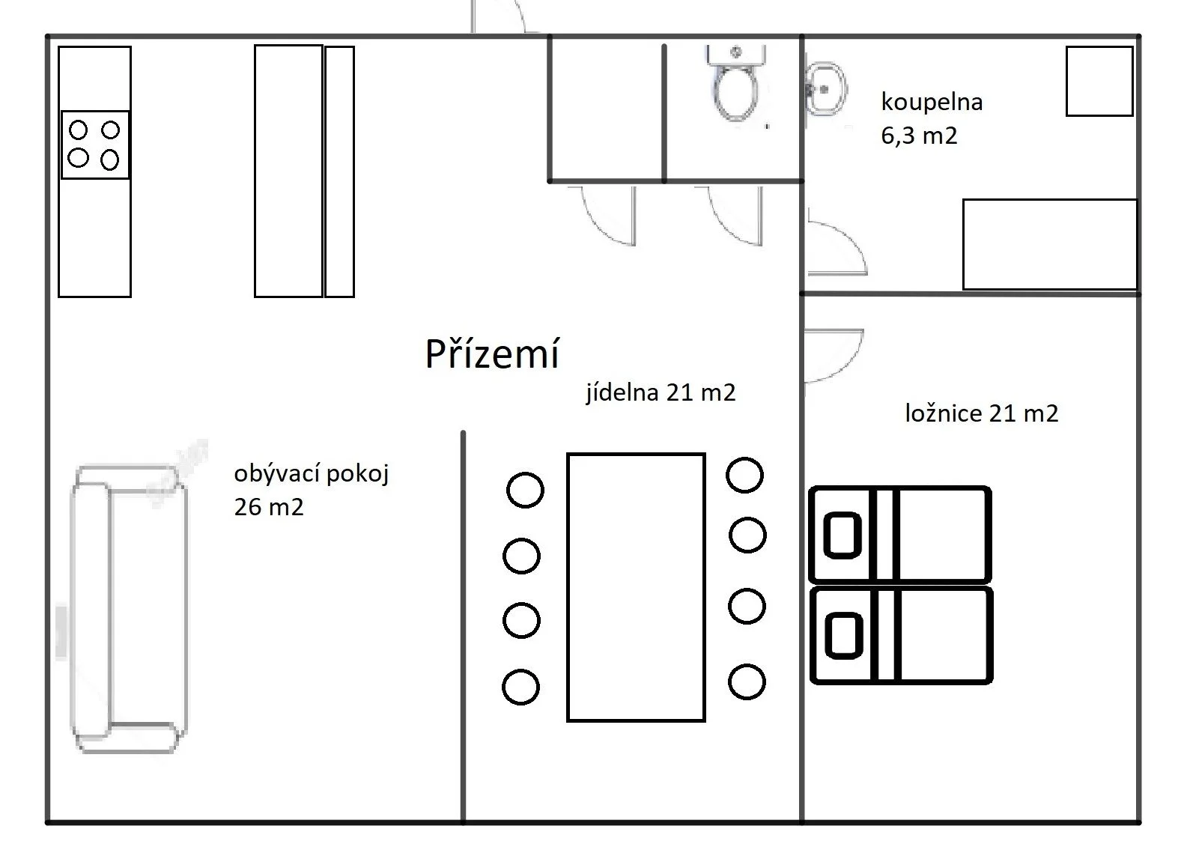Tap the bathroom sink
[825, 88]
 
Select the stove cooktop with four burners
[94, 145]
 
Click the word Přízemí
[492, 353]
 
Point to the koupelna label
[932, 102]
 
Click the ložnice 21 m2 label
[981, 413]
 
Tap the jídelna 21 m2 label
[661, 392]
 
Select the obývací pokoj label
[312, 474]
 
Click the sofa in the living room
[127, 608]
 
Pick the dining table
[636, 586]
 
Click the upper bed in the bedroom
[900, 534]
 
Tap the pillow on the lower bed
[843, 636]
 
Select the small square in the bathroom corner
[1099, 81]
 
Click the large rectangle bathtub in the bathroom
[1049, 243]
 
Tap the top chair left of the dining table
[525, 491]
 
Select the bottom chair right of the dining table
[746, 682]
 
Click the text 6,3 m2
[919, 136]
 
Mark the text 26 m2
[269, 507]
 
